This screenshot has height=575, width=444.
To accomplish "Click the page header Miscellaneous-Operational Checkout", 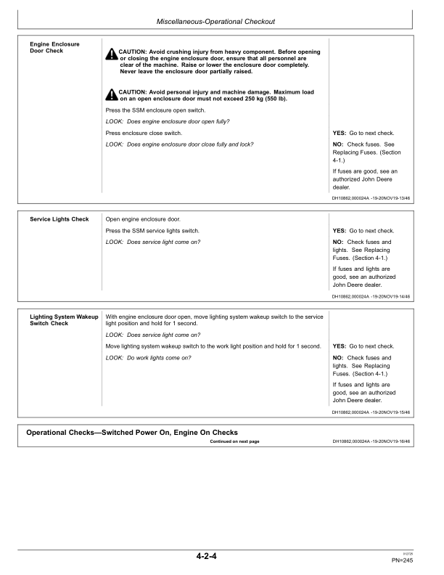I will [221, 22].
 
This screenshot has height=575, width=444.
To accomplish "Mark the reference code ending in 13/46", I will [371, 196].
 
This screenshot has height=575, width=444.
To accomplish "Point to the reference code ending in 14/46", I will [371, 296].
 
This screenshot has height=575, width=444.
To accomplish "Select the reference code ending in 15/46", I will [371, 412].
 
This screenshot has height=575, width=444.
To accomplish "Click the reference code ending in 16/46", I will [371, 441].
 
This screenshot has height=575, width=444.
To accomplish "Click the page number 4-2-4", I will [207, 557].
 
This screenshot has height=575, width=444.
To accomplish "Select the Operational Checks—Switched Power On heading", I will [132, 433].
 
